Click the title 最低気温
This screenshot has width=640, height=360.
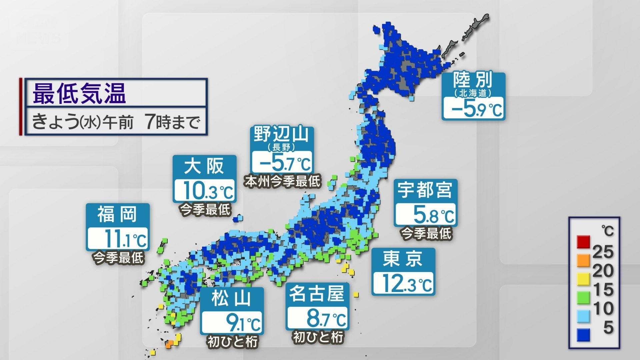pos(79,93)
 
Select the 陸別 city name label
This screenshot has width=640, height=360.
pos(473,81)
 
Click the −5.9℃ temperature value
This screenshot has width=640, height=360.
pos(473,109)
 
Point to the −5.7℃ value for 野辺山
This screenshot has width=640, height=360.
pos(282,163)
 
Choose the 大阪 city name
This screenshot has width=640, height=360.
pos(204,166)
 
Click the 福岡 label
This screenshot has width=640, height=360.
pos(117,214)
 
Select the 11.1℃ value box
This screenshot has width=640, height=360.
pos(118,239)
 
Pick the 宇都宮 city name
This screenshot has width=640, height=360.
pos(425,190)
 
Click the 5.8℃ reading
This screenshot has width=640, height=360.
pos(426,215)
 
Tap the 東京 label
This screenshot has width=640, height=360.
pos(403,259)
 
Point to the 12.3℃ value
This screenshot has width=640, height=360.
pos(403,283)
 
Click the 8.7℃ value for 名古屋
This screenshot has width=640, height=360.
pos(317,318)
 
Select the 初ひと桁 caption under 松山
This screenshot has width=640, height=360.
pos(232,342)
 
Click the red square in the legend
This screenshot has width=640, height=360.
pos(583,242)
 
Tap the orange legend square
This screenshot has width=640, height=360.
pos(583,260)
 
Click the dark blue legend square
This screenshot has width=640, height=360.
pos(583,335)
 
